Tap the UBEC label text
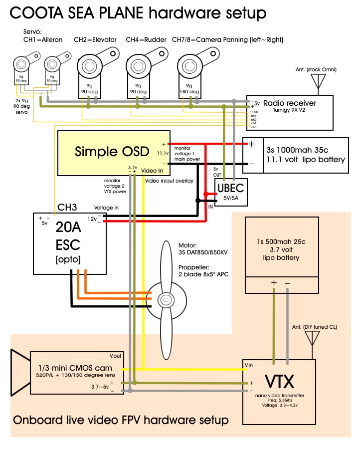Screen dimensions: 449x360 (231, 187)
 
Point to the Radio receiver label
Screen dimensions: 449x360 (289, 103)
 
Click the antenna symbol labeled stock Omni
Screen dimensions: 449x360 (318, 82)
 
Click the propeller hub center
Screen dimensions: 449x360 (165, 300)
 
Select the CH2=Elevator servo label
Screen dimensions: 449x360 (95, 39)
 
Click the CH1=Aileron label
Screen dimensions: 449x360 (43, 39)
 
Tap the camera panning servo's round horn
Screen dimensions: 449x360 (189, 66)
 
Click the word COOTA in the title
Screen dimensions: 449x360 (37, 12)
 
